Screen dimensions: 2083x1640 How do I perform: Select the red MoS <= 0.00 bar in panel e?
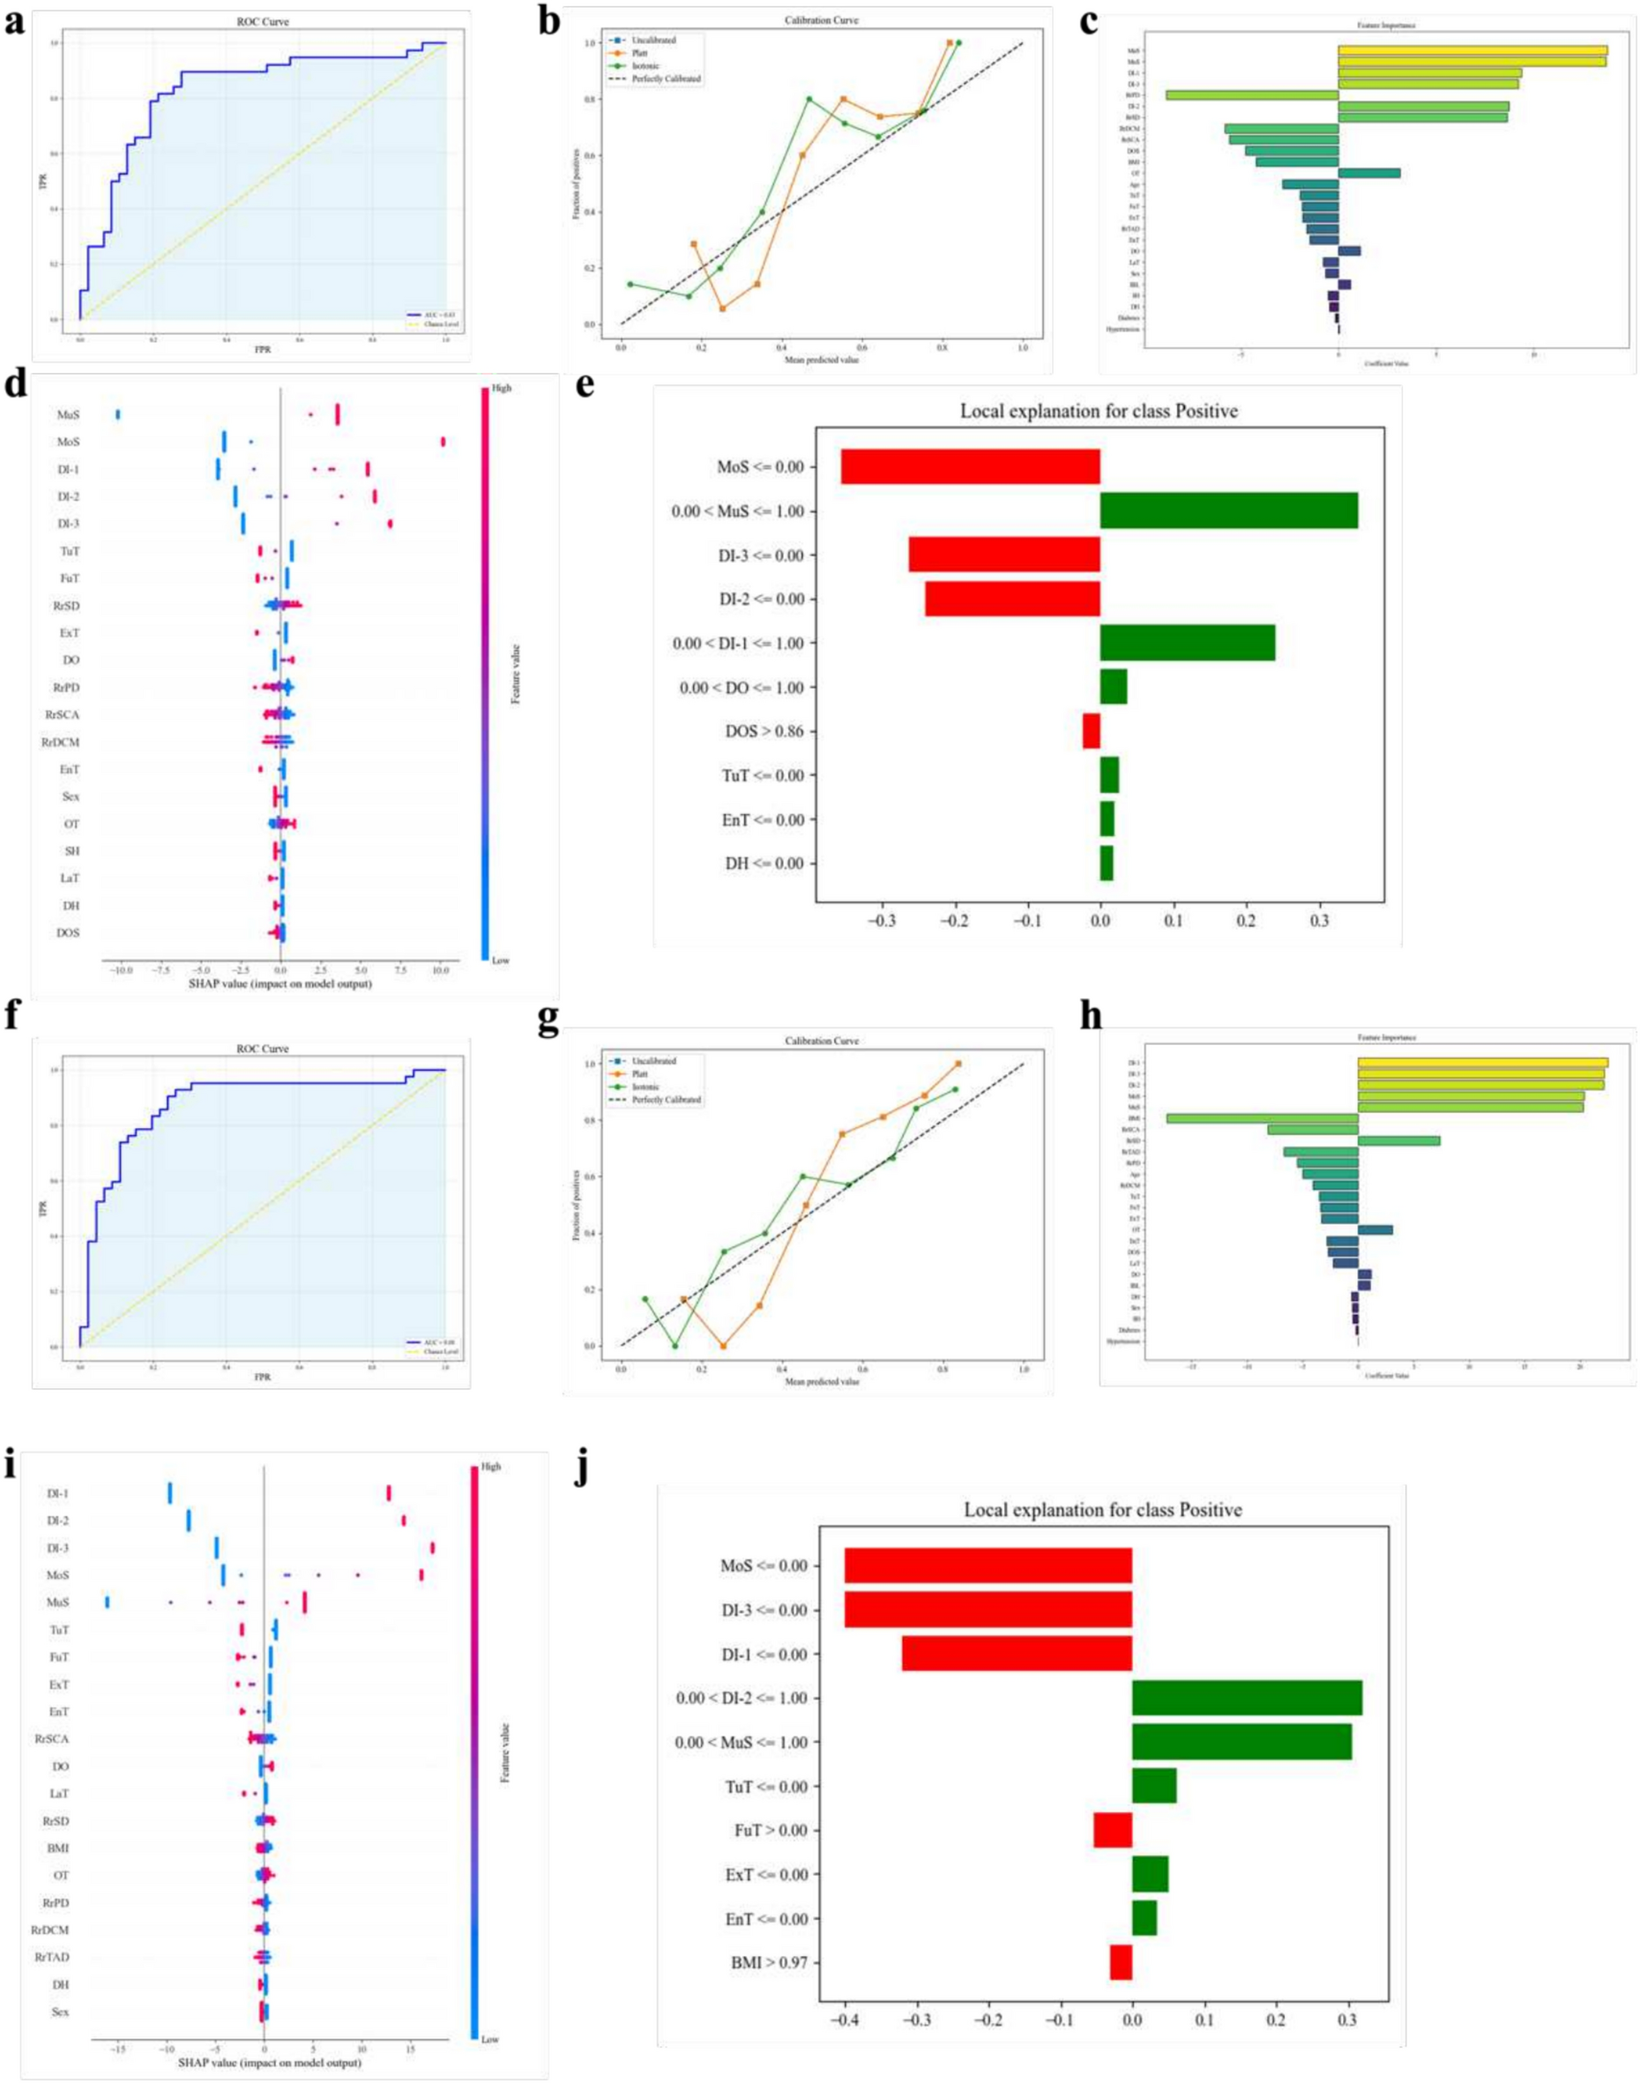970,467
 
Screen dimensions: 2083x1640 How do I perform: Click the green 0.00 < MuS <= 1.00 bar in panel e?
1228,511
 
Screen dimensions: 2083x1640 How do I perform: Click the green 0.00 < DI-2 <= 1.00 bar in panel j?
1247,1698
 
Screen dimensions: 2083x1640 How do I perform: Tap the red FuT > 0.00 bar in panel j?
1113,1831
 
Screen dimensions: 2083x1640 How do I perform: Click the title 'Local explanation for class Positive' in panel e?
1099,412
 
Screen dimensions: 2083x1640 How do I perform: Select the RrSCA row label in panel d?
61,714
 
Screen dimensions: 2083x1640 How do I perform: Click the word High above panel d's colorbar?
500,388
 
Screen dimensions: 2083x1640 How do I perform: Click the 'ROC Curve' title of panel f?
250,1049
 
